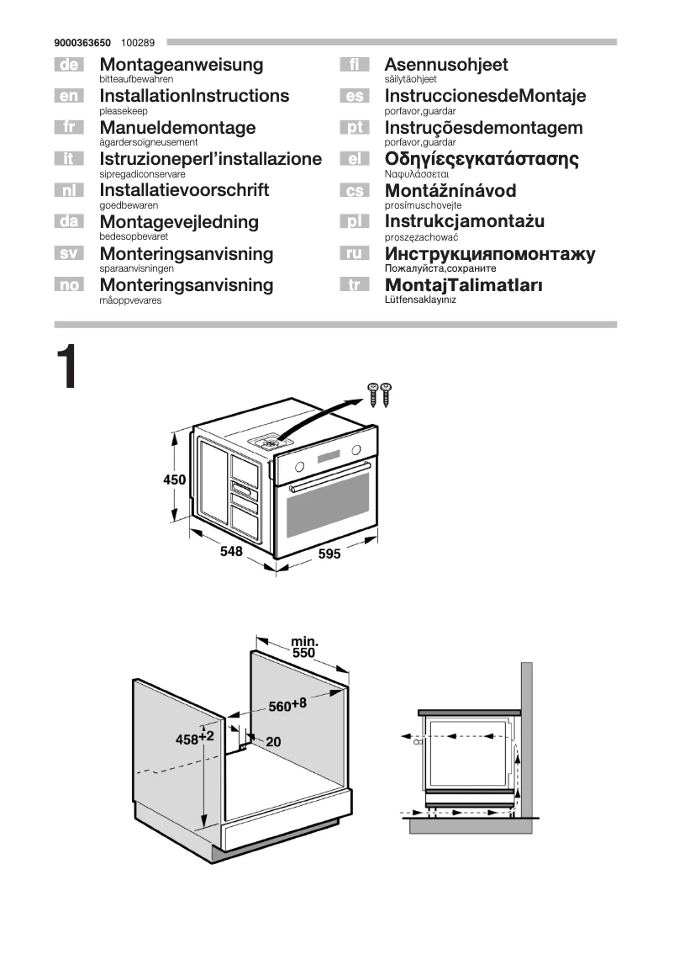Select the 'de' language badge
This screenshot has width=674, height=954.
click(68, 65)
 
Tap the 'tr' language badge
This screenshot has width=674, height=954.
click(354, 285)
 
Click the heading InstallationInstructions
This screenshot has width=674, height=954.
click(194, 96)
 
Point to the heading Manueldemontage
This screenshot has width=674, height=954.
click(177, 128)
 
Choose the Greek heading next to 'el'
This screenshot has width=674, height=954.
click(482, 159)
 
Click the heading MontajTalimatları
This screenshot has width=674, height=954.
click(463, 285)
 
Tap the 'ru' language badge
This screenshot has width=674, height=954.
click(354, 253)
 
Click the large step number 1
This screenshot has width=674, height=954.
click(67, 368)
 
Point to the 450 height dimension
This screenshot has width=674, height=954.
click(174, 480)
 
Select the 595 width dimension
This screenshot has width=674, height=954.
click(329, 554)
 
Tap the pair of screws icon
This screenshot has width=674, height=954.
click(380, 394)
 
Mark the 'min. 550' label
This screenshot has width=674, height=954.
click(303, 647)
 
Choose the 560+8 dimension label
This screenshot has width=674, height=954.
click(287, 705)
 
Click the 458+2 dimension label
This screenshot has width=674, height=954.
click(195, 739)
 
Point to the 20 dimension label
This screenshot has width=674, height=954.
click(273, 742)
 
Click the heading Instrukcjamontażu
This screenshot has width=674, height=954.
click(465, 222)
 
